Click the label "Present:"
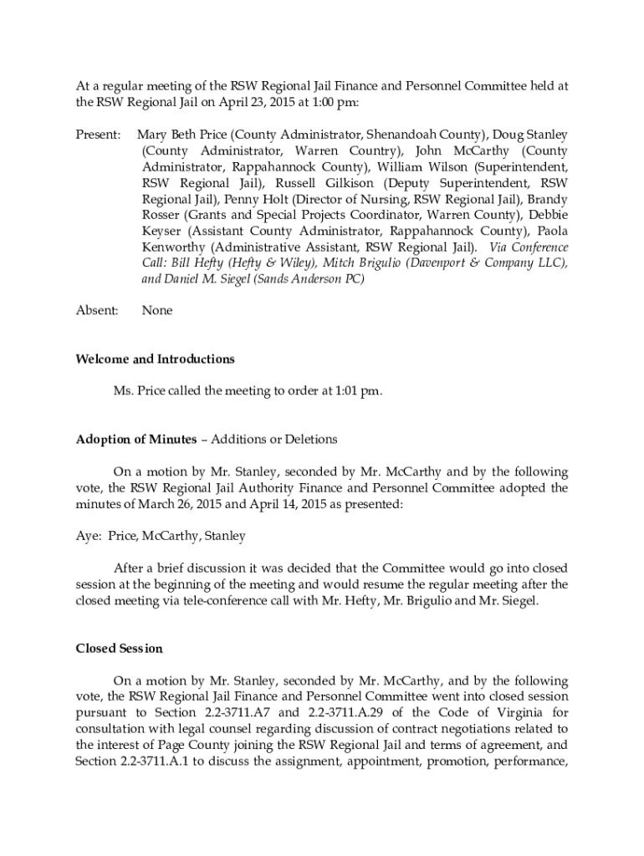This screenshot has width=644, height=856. click(99, 135)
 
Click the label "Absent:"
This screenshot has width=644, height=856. click(96, 310)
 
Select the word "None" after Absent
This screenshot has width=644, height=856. click(157, 310)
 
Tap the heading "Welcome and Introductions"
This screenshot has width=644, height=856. click(155, 359)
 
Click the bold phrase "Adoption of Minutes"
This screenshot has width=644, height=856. click(136, 439)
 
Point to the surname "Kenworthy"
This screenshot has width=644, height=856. click(173, 247)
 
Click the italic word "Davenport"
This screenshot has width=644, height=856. click(400, 263)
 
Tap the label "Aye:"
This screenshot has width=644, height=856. click(89, 535)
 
